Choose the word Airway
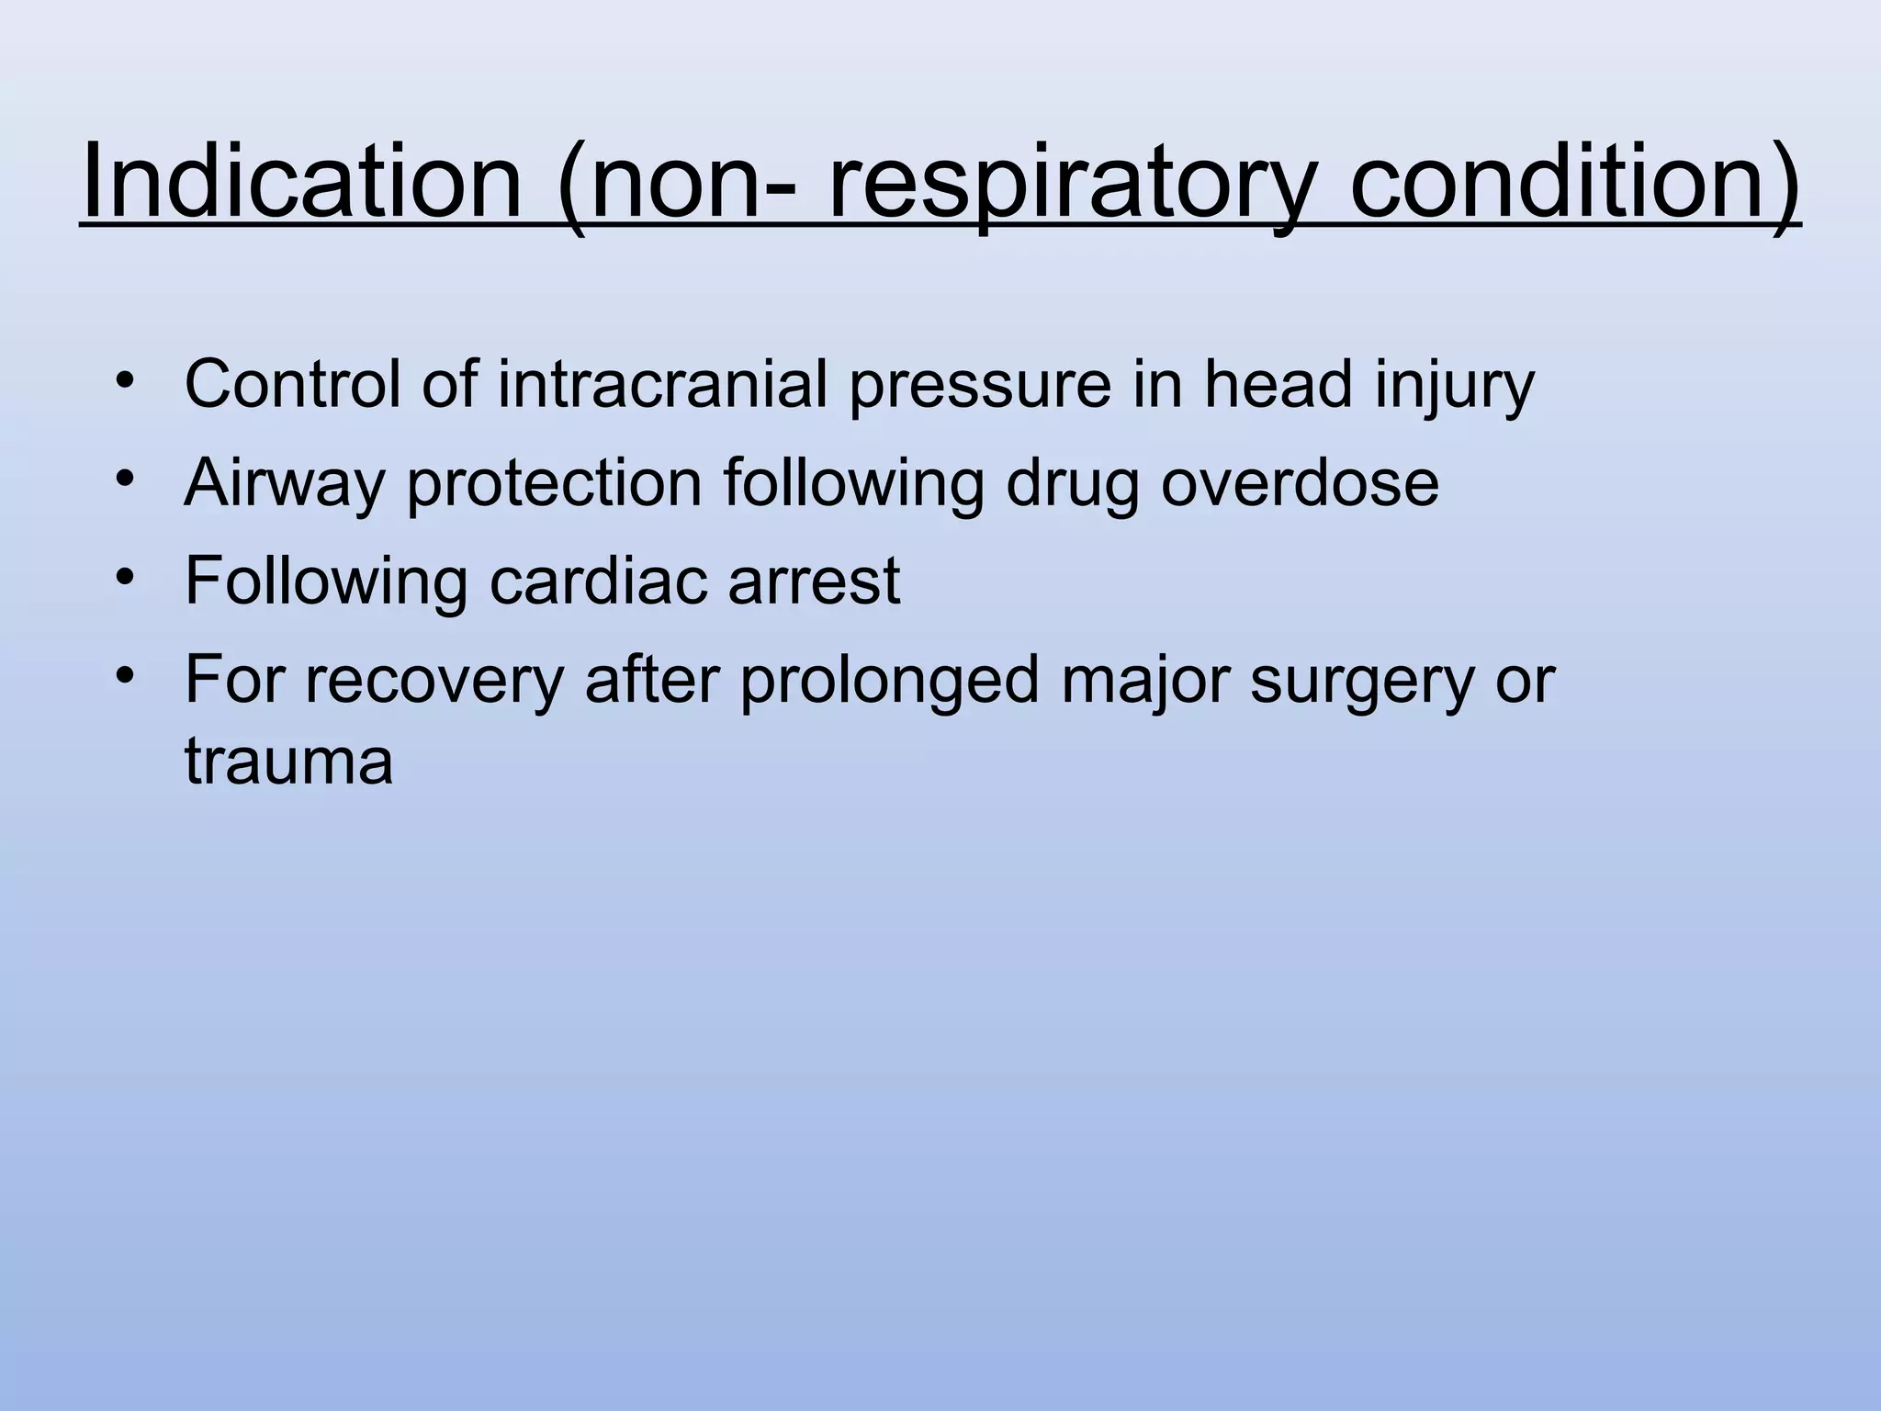[284, 485]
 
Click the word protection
[555, 485]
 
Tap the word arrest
[814, 582]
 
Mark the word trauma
[288, 762]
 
